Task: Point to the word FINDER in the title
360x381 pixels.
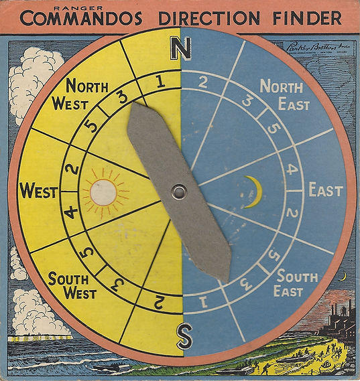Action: coord(308,19)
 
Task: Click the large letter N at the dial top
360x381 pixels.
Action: coord(180,48)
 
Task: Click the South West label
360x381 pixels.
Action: coord(72,285)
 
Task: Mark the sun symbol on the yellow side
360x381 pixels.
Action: coord(103,192)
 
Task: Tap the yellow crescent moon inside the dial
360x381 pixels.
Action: coord(253,192)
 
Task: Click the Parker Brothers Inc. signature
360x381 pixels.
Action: coord(314,47)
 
